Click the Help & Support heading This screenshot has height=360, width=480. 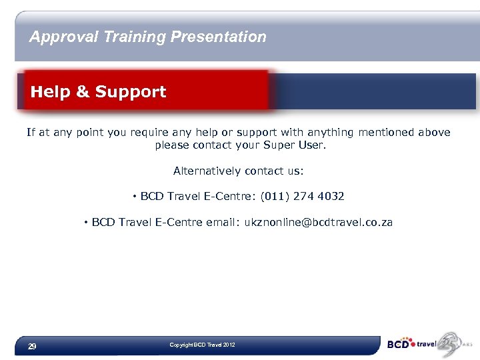(x=98, y=92)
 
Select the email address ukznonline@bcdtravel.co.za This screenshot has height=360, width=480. (x=319, y=222)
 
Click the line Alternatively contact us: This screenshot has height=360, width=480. (x=238, y=171)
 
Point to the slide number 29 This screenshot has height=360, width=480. (x=31, y=347)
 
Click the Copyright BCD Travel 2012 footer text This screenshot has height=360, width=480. (x=202, y=345)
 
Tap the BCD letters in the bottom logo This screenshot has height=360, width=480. (x=399, y=345)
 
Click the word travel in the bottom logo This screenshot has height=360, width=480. (x=426, y=345)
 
